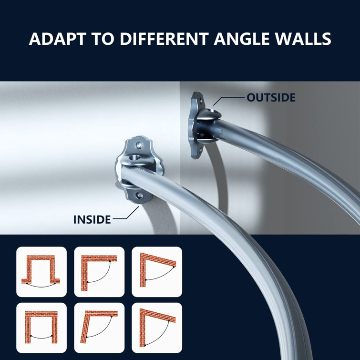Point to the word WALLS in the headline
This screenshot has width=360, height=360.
(305, 39)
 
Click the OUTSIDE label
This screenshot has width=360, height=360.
(271, 98)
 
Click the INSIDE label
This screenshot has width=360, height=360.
(92, 220)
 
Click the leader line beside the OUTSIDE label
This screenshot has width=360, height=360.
(231, 98)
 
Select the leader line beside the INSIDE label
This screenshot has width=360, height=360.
(125, 217)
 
